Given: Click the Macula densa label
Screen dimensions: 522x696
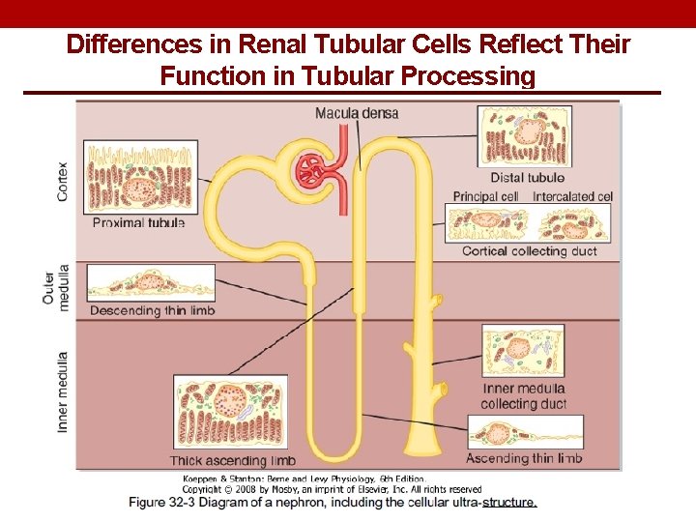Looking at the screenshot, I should point(356,114).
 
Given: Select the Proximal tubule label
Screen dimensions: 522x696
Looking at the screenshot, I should point(138,222).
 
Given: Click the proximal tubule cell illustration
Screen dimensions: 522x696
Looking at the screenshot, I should point(140,177).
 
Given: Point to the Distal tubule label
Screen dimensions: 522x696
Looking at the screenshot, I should point(527,177).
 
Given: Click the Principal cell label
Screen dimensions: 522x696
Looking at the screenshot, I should point(485,196).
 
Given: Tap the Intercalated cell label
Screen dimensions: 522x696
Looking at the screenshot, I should point(572,196).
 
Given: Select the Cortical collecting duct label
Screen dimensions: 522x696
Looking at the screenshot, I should point(529,251).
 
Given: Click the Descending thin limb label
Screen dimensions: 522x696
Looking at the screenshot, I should point(152,310).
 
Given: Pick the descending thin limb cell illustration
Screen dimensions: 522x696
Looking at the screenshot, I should point(150,283).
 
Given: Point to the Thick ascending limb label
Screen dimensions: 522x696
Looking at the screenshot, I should point(233,460).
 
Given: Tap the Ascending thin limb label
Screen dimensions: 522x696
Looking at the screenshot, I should point(524,458).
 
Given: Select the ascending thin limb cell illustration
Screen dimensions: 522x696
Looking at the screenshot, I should point(525,431).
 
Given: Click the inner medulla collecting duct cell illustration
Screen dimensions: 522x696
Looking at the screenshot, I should point(523,350).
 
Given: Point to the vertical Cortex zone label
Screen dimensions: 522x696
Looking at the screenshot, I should point(63,181).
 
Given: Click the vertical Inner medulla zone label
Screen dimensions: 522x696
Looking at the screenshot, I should point(63,391).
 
